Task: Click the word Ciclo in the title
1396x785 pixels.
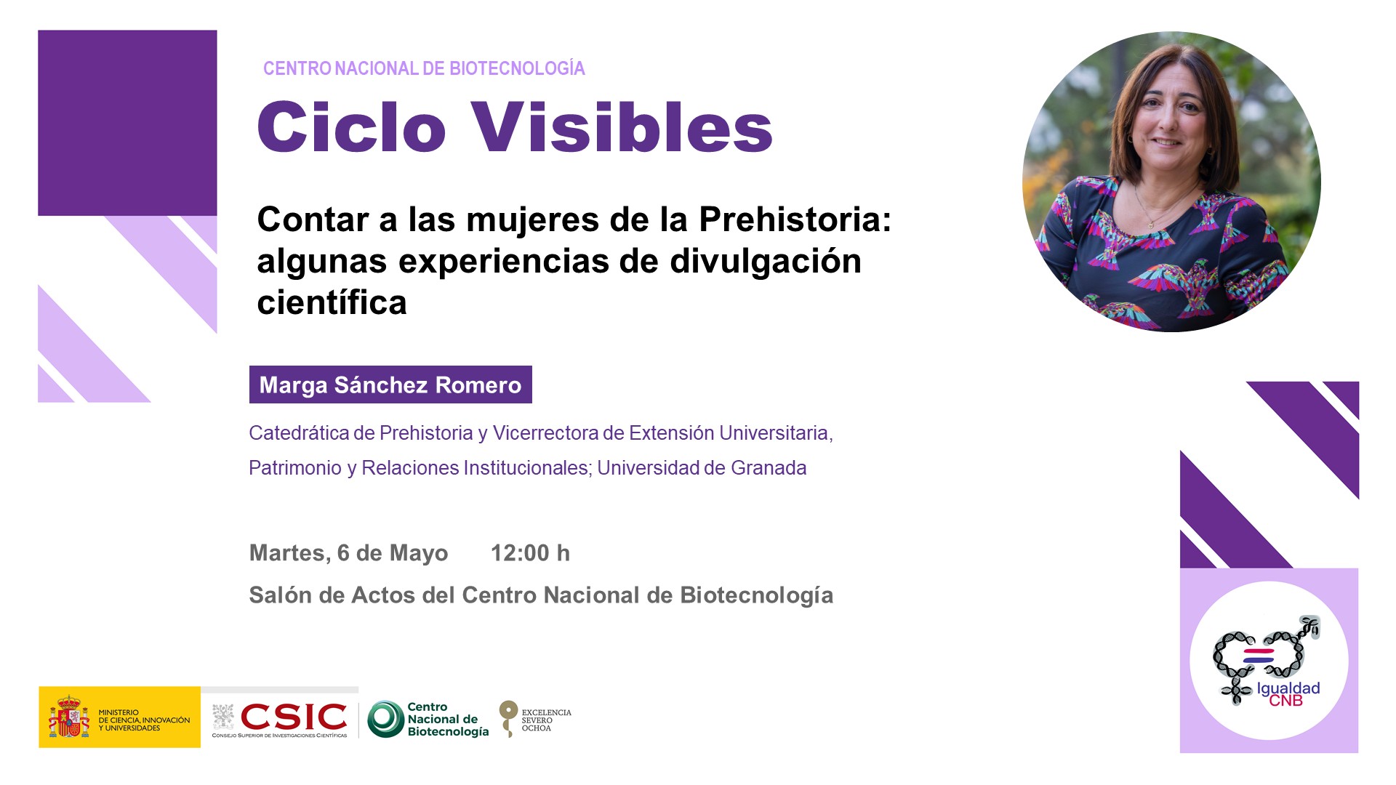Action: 351,127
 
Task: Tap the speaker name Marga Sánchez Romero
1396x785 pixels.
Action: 390,385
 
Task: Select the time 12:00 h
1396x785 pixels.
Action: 530,553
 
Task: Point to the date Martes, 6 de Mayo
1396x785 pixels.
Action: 348,554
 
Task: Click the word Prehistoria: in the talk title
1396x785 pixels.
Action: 795,220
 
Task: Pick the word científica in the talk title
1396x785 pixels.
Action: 332,302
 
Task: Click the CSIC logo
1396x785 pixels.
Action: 280,719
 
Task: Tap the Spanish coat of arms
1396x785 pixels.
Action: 69,717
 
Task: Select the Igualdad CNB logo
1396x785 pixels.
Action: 1269,661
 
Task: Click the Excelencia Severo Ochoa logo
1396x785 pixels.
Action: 535,719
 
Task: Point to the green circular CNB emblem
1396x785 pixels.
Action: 385,719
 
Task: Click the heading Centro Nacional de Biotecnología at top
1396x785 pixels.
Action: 424,68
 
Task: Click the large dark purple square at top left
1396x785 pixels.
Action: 127,123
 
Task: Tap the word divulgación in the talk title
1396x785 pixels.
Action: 766,262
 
